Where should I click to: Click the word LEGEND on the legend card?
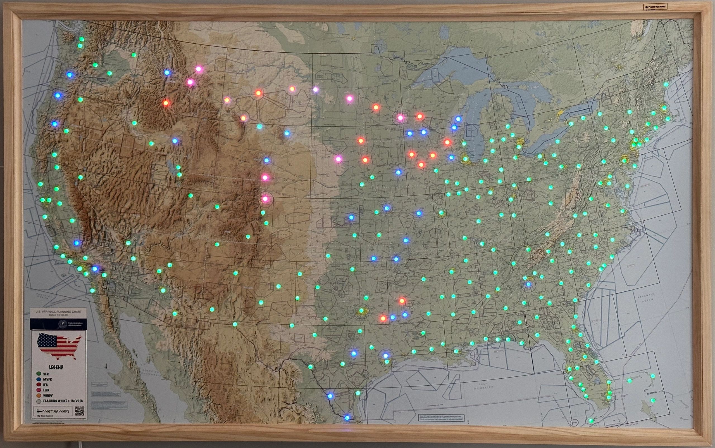tap(56, 367)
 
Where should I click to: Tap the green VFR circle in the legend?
tap(38, 374)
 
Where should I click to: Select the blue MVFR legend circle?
tap(38, 379)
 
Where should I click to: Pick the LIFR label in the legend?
tap(46, 390)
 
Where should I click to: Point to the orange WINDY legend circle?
tap(38, 395)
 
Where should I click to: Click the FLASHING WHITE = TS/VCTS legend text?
tap(63, 401)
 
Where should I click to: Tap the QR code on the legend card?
tap(80, 411)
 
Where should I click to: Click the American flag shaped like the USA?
tap(59, 346)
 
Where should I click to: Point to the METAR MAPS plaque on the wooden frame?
tap(655, 6)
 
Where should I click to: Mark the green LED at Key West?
tap(591, 421)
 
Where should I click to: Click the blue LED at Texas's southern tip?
tap(347, 418)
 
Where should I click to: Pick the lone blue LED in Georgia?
tap(528, 284)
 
